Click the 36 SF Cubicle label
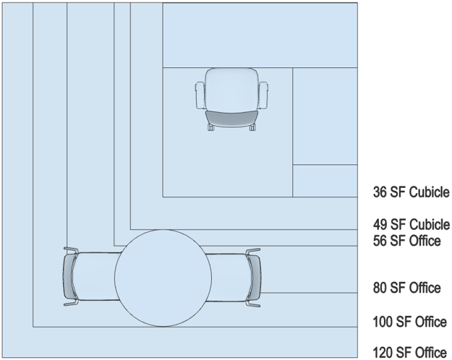point(411,192)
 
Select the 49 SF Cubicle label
point(411,225)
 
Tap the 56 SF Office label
point(406,241)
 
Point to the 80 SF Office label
point(406,288)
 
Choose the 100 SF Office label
point(409,322)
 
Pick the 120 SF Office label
point(409,353)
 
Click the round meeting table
point(163,278)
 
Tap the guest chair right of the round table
point(233,278)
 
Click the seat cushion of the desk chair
point(231,90)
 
